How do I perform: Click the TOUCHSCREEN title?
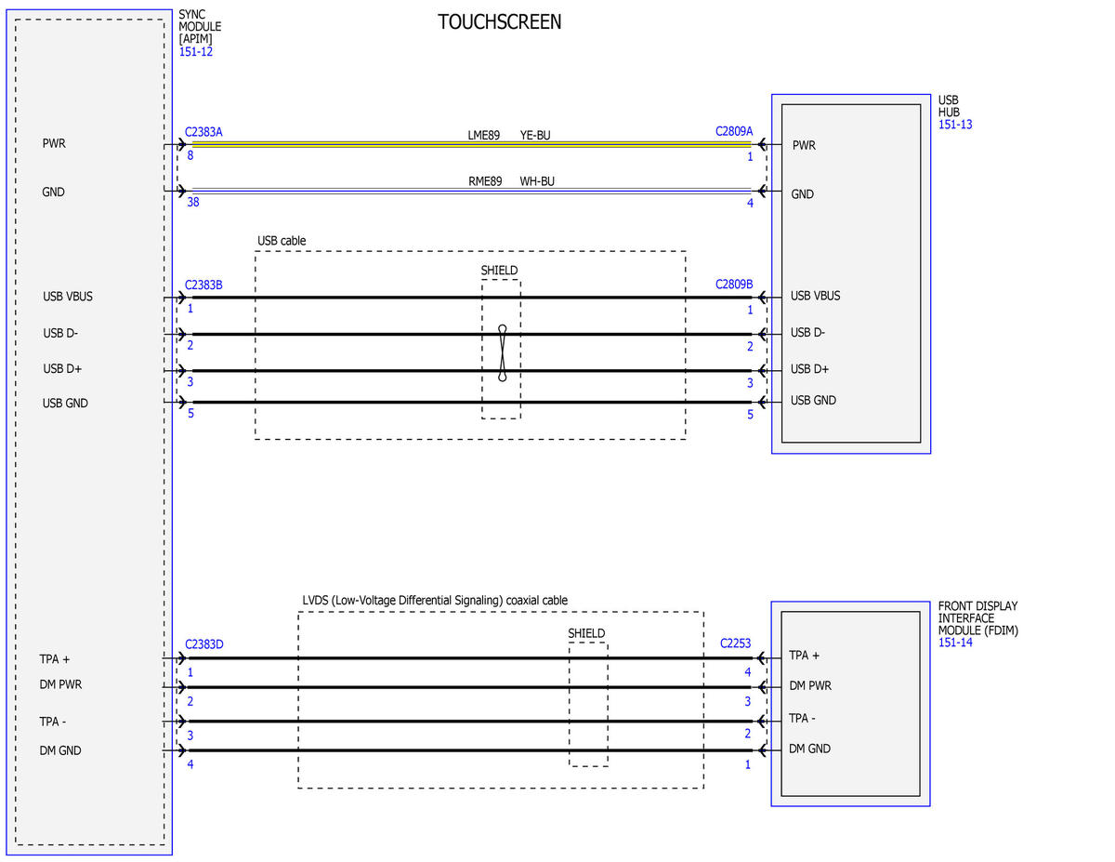[x=499, y=22]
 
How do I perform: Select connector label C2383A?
[x=203, y=132]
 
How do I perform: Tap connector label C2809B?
[x=734, y=284]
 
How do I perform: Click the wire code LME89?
[x=483, y=135]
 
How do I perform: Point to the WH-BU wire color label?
[x=537, y=181]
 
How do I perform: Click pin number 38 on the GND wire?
[x=193, y=202]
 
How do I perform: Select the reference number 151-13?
[x=955, y=125]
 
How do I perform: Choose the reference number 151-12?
[x=195, y=51]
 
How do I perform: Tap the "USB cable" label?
[x=282, y=240]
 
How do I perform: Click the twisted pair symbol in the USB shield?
[x=503, y=352]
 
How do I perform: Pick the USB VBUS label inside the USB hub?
[x=815, y=296]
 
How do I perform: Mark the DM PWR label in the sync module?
[x=60, y=684]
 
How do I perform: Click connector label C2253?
[x=735, y=643]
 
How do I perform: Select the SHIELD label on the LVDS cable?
[x=586, y=633]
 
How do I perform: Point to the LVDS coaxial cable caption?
[x=435, y=600]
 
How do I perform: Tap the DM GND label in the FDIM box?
[x=809, y=749]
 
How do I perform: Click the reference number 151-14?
[x=955, y=643]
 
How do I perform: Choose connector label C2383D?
[x=204, y=644]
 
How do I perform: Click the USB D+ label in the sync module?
[x=62, y=368]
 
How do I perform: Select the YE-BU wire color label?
[x=535, y=135]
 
